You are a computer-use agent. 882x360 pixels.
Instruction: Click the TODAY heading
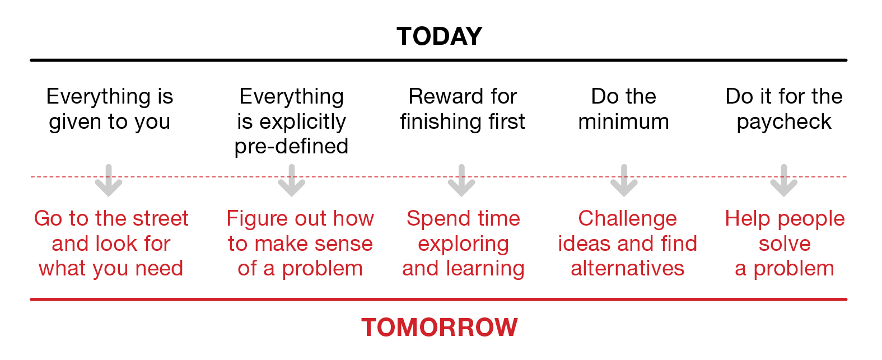pos(439,36)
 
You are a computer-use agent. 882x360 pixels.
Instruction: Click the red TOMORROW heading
pos(439,328)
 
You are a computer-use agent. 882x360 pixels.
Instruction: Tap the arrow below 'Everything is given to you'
pos(109,180)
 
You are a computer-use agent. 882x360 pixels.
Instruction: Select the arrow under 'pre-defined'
pos(291,180)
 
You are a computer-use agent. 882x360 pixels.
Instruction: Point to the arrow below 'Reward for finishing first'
pos(461,180)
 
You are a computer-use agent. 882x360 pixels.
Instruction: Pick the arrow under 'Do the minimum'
pos(624,180)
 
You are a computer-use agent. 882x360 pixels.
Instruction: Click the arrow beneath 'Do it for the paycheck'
pos(783,180)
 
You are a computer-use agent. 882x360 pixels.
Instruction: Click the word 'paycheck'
pos(784,122)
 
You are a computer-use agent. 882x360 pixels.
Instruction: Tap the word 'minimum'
pos(624,121)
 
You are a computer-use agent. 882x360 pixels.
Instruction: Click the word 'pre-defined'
pos(291,147)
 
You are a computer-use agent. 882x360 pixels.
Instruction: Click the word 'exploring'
pos(464,245)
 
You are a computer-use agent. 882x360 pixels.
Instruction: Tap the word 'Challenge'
pos(627,219)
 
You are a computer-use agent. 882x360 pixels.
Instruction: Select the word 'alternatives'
pos(628,269)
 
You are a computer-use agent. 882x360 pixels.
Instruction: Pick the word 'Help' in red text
pos(748,219)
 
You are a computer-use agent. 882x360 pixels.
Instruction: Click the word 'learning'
pos(485,269)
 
